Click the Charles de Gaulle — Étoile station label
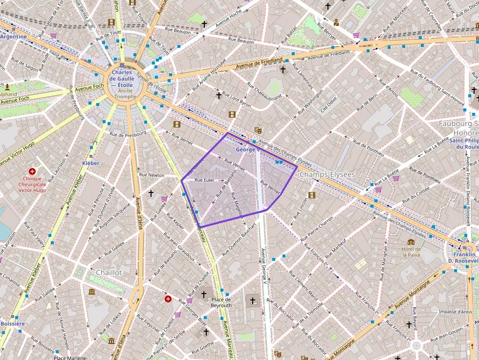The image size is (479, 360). point(122,79)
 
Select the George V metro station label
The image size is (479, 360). point(248,149)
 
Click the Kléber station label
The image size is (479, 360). point(91,163)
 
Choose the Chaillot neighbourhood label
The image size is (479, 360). point(109,272)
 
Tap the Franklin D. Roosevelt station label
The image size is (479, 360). point(464,257)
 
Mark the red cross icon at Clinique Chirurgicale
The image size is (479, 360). point(32,171)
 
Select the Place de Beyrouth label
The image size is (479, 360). point(221,302)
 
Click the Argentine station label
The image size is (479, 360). point(14,37)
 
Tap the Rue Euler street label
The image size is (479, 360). point(205,180)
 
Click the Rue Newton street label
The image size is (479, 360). point(152,175)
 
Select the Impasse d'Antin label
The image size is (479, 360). point(455,312)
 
